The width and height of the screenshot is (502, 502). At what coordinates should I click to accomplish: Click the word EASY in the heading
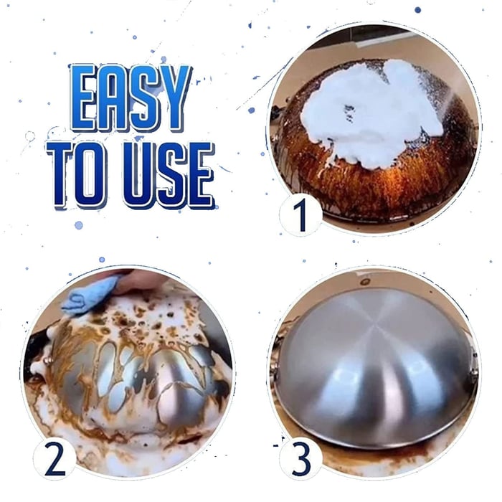pos(131,98)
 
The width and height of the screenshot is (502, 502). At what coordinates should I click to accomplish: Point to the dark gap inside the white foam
pos(349,111)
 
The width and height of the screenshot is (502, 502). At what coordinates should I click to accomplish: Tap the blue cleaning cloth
pos(88,295)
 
